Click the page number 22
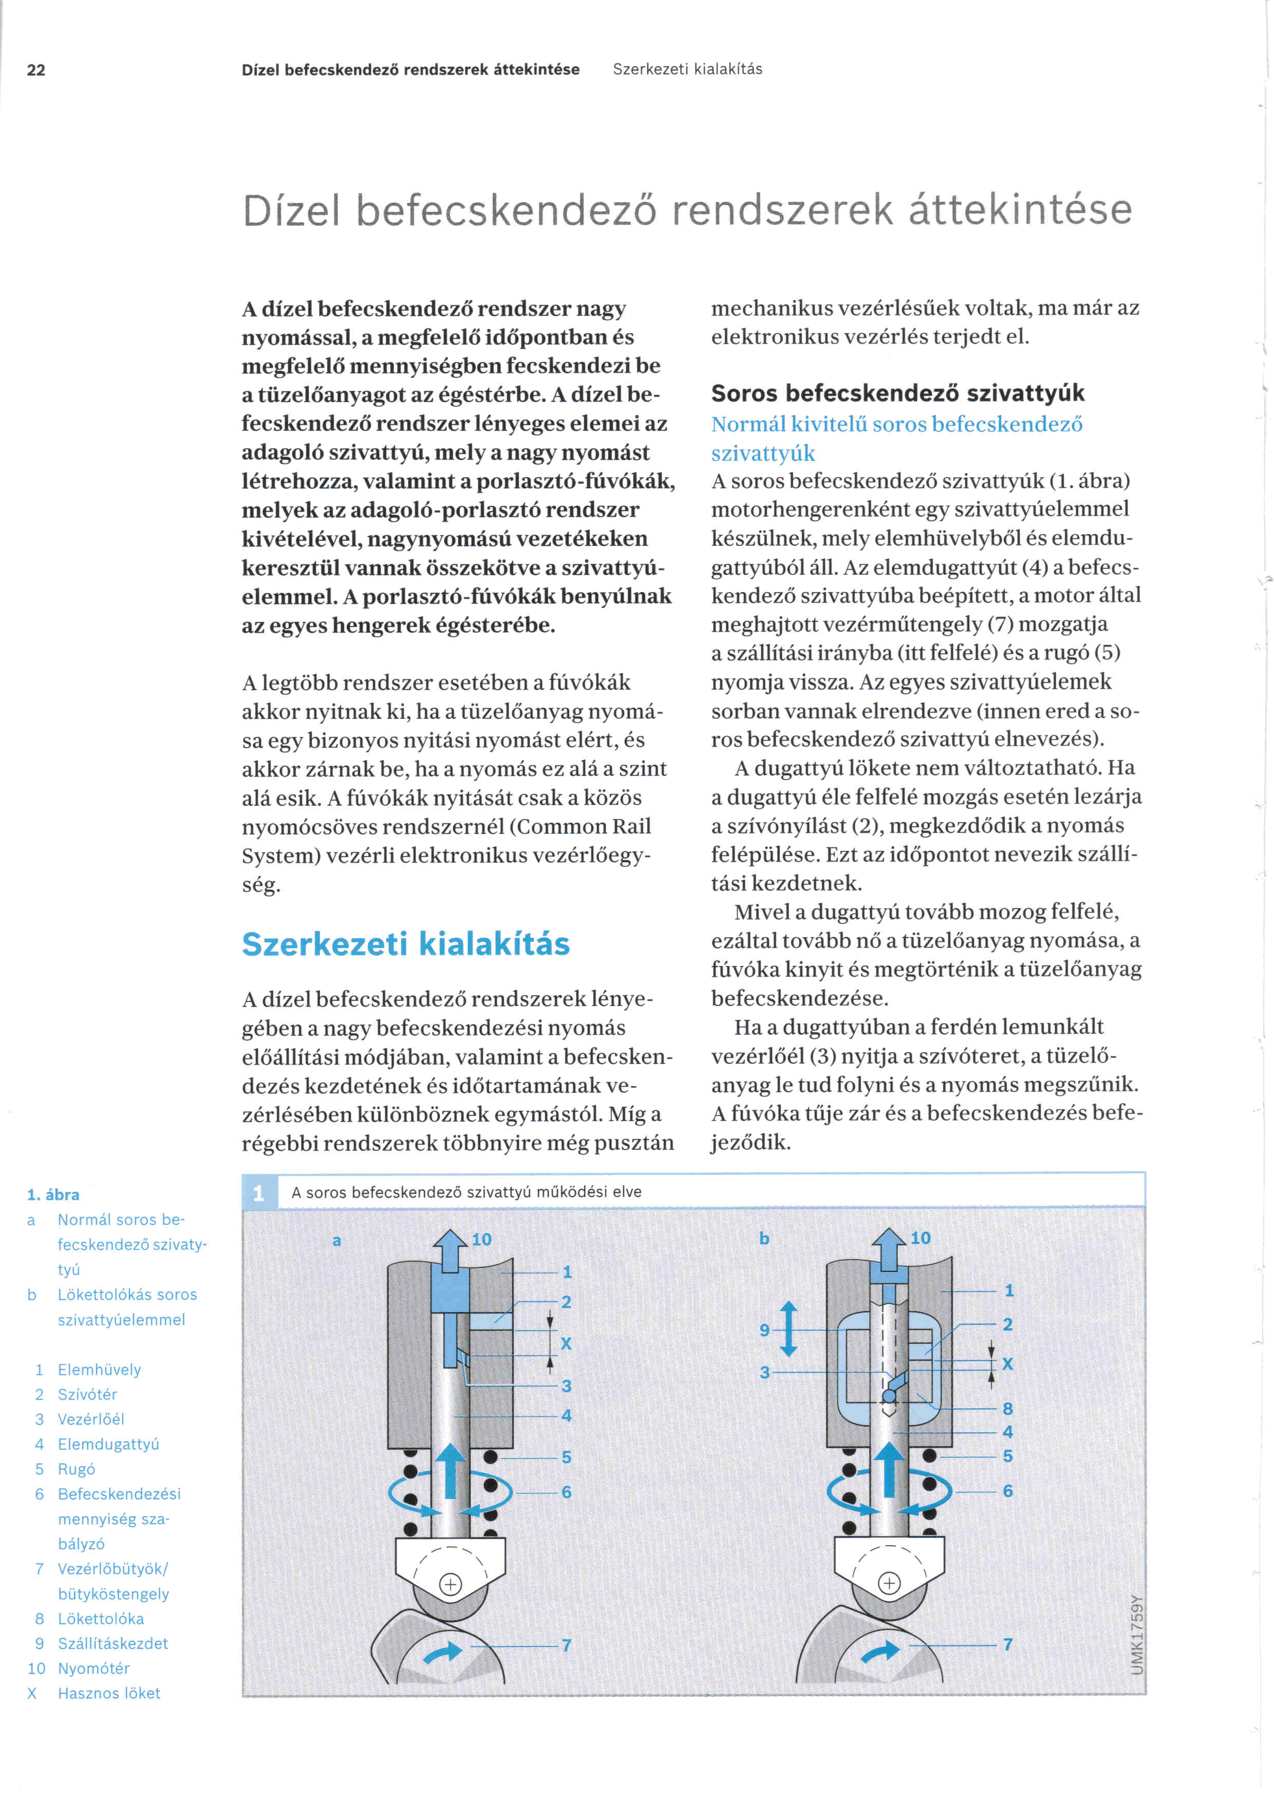tap(36, 70)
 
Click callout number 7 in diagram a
tap(566, 1645)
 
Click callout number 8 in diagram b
tap(1007, 1408)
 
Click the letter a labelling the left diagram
tap(336, 1240)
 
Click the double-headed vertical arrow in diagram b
tap(789, 1329)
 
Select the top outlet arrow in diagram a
tap(451, 1249)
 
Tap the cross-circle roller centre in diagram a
tap(451, 1584)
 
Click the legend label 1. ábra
tap(52, 1195)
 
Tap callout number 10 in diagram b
tap(920, 1238)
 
